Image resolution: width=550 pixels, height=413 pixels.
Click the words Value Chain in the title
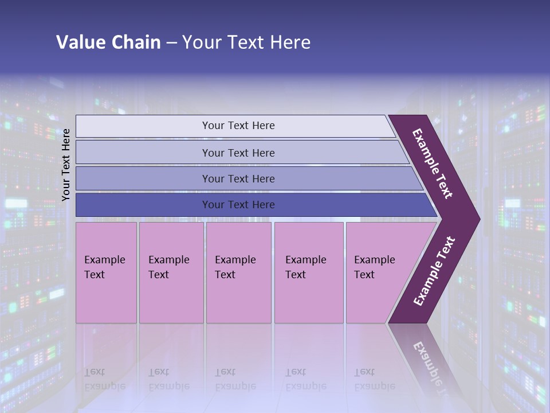108,42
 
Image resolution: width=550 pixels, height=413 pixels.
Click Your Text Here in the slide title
246,42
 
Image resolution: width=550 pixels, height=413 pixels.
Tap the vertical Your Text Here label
66,165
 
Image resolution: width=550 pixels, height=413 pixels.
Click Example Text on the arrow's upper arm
432,163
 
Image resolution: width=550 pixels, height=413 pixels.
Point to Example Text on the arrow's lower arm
434,271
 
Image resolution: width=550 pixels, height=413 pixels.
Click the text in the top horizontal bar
238,126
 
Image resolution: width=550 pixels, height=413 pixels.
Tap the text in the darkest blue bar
238,205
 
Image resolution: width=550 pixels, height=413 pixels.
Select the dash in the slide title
171,42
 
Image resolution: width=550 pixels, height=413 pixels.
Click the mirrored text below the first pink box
105,379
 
